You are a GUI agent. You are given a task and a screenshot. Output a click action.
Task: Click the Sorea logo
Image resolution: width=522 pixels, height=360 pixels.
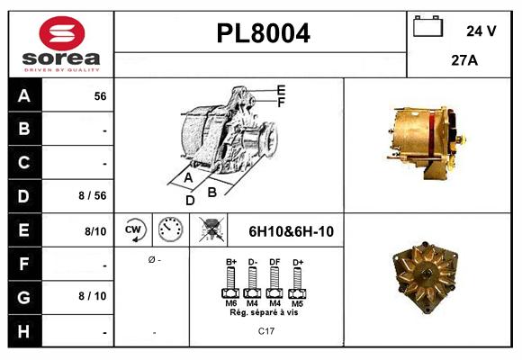coord(60,44)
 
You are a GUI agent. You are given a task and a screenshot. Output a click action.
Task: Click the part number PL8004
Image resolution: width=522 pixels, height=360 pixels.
coord(263,33)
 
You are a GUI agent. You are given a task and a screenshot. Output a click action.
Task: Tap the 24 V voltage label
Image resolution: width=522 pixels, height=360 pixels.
coord(481,31)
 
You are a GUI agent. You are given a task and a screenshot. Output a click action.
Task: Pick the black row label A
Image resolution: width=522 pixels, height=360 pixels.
coord(23,96)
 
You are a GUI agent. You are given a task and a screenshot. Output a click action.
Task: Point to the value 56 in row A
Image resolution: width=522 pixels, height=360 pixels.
coord(100,96)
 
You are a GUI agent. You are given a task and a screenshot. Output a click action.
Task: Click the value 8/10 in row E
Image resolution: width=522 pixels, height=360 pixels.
coord(95,231)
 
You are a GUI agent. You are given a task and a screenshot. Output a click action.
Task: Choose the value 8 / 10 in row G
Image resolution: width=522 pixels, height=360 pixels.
coord(94,295)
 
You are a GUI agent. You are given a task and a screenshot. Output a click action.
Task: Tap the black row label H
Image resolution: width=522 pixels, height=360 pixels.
coord(23,331)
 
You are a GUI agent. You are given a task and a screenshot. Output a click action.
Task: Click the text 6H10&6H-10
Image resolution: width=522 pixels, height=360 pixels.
coord(291,231)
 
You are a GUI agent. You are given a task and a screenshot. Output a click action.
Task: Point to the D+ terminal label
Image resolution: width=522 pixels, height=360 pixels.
coord(297,263)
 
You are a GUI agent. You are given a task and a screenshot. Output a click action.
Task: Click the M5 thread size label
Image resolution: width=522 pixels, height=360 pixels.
coord(297,303)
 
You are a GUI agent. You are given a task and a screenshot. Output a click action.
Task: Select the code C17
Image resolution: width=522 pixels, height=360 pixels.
coord(266,331)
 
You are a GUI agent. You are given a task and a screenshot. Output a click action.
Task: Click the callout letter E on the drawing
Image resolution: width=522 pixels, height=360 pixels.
coord(281,90)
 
